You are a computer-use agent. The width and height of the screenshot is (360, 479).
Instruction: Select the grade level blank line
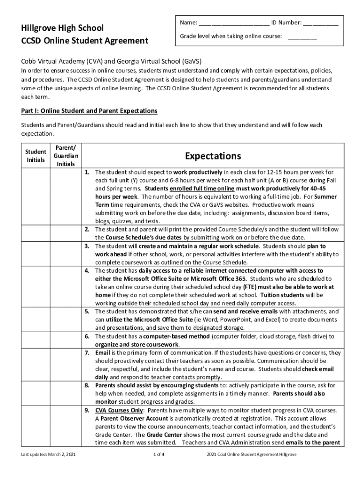coord(302,37)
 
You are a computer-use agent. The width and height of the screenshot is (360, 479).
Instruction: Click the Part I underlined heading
coord(89,111)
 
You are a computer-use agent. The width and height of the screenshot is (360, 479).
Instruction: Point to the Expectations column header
coord(213,156)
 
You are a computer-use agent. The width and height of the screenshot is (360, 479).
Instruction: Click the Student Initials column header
coord(36,156)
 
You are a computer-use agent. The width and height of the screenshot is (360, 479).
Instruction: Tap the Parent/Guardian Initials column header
coord(66,156)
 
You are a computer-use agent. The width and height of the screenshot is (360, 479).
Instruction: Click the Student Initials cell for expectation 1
coord(36,196)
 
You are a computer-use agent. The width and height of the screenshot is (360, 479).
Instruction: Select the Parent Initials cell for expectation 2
coord(66,233)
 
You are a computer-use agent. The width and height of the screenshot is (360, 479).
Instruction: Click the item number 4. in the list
coord(87,271)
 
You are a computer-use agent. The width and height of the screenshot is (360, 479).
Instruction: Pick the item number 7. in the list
coord(87,353)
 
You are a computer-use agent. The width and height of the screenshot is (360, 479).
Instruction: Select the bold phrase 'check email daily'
coord(318,369)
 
